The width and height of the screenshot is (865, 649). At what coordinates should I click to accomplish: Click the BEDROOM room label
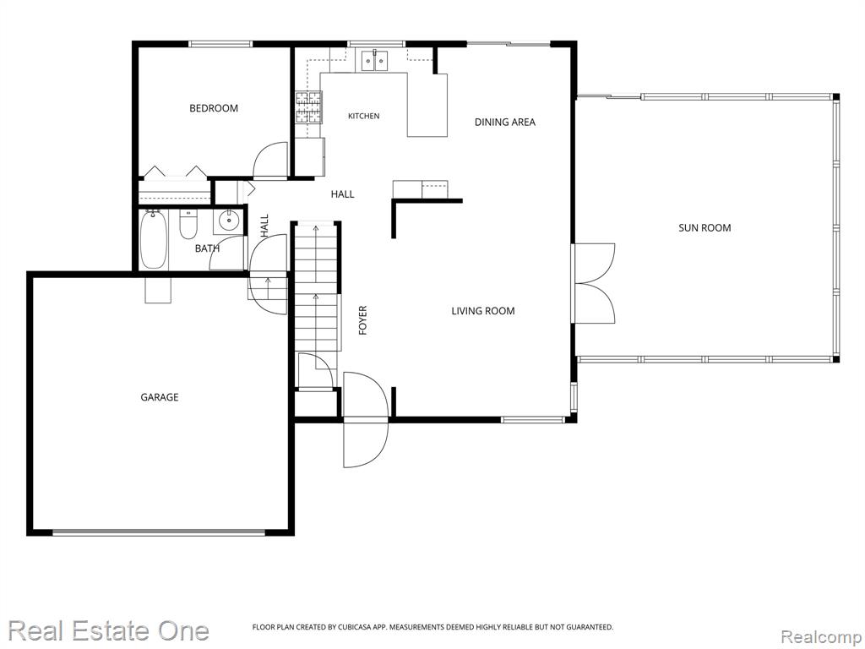pos(214,108)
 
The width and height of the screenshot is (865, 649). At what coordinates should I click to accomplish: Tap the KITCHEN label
pos(363,116)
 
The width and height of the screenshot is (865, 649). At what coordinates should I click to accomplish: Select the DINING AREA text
pos(505,122)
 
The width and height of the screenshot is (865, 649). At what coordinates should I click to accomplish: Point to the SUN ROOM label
pos(705,227)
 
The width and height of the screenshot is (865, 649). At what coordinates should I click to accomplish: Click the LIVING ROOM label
pos(482,311)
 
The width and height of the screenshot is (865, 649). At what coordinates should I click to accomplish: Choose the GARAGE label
pos(160,397)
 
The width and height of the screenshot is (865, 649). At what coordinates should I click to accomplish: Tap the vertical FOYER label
pos(362,320)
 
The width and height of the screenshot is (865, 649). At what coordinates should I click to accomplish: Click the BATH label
pos(207,248)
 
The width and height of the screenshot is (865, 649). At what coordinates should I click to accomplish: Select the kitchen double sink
pos(375,60)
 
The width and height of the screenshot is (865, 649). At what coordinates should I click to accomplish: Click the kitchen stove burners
pos(307,107)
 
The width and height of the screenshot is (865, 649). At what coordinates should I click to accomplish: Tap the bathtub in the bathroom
pos(154,239)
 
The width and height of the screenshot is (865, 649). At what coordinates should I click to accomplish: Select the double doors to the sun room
pos(595,283)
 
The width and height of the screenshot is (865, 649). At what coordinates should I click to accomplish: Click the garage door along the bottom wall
pos(159,532)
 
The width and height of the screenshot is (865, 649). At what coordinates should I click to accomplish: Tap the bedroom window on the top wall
pos(220,44)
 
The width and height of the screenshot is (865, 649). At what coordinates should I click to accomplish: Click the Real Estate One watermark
pos(109,630)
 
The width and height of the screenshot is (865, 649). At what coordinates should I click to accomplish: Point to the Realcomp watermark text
pos(822,636)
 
